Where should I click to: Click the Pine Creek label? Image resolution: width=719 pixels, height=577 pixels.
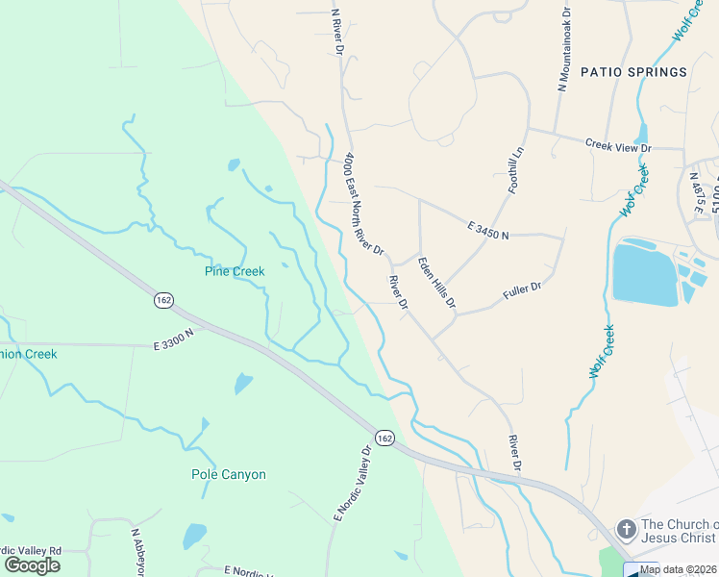point(235,271)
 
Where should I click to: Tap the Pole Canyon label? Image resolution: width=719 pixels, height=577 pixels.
point(229,474)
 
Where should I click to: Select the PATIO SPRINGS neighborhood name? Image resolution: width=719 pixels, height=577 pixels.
point(633,72)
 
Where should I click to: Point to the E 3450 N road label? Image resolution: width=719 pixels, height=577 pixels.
point(487,230)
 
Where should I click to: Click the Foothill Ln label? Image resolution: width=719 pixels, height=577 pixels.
point(515,170)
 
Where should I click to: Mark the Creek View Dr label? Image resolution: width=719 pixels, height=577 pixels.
point(618,146)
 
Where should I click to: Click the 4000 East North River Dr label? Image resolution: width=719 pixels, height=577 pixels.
point(364,203)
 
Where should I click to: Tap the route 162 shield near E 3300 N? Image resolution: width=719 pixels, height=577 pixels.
point(162,301)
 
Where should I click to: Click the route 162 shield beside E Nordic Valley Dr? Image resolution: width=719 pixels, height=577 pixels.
point(384,439)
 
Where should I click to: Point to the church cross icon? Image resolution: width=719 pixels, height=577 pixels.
point(626,529)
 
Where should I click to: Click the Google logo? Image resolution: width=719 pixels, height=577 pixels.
point(32,564)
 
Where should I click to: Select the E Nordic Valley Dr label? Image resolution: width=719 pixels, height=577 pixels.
point(352,485)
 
